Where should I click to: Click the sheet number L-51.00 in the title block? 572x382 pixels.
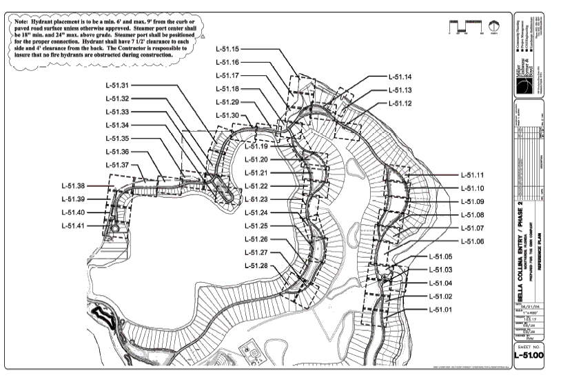pos(538,356)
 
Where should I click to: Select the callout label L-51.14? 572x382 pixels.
pos(400,77)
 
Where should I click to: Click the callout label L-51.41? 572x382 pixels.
pos(72,225)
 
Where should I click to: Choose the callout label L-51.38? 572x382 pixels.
pos(72,186)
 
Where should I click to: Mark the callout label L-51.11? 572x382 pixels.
pos(472,175)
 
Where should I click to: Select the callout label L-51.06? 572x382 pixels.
pos(472,241)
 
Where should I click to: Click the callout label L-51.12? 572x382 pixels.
pos(400,103)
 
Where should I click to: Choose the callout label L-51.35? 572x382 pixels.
pos(115,139)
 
